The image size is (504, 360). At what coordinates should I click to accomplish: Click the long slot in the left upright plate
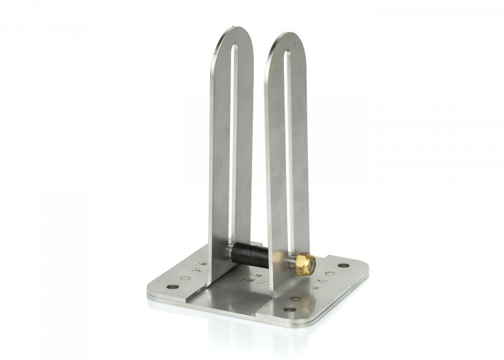(x=233, y=138)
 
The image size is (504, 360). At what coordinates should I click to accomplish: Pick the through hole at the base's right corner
(x=343, y=265)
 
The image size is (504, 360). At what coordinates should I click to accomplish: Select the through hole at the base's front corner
(x=290, y=310)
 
